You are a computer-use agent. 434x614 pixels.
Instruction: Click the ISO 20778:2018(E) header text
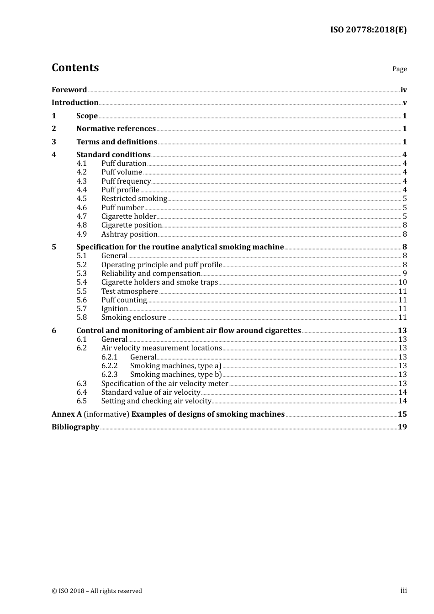point(368,30)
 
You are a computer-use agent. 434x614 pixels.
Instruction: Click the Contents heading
point(75,68)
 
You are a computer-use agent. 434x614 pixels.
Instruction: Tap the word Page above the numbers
point(399,69)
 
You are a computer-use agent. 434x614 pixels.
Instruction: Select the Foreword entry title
point(69,90)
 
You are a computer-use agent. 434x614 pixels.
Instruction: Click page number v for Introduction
point(404,103)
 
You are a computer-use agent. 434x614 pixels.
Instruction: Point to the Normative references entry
point(116,129)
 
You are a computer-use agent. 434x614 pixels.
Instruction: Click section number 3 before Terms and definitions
point(54,142)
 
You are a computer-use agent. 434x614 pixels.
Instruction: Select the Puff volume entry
point(122,172)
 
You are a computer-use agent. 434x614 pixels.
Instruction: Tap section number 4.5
point(81,199)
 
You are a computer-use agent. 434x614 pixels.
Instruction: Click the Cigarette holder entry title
point(128,217)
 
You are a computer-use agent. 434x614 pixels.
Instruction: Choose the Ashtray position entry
point(129,234)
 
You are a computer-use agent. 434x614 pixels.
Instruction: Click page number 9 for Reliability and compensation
point(404,274)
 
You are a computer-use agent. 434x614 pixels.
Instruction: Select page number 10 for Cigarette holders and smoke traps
point(402,282)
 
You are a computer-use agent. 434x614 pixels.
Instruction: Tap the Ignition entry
point(114,309)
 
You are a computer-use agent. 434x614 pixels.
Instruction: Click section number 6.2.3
point(109,375)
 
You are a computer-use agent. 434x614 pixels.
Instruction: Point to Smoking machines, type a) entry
point(175,366)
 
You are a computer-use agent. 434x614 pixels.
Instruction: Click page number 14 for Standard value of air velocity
point(402,392)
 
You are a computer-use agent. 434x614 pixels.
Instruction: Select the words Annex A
point(67,414)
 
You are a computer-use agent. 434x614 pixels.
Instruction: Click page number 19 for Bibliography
point(402,427)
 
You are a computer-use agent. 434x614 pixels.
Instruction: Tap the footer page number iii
point(403,591)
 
